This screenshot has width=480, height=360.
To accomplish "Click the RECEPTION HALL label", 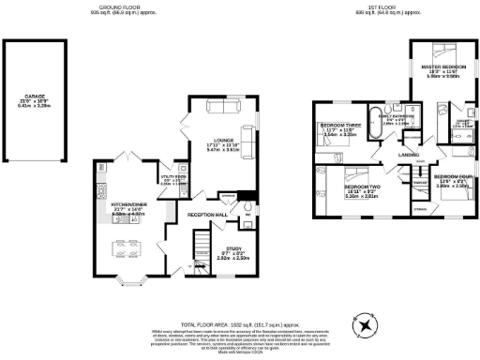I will click(208, 215).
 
